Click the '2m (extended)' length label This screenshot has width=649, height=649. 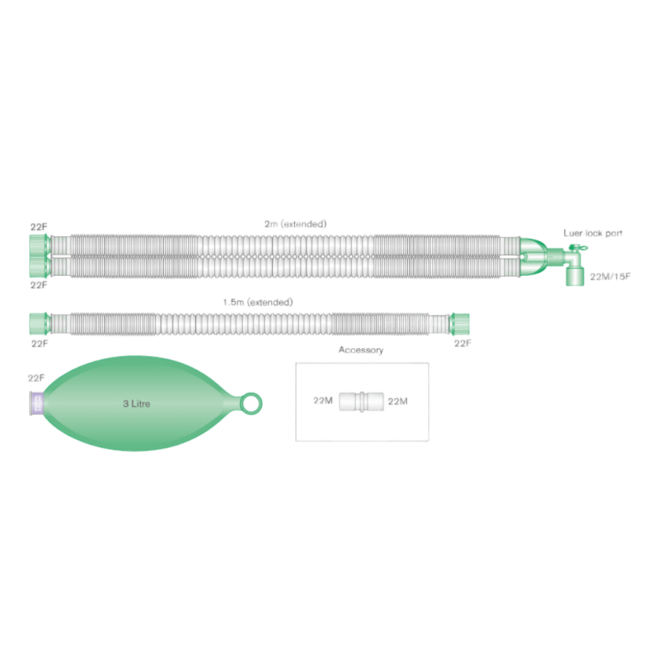coord(295,224)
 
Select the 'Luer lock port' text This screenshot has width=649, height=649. coord(593,233)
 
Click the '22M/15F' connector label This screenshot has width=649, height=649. coord(611,276)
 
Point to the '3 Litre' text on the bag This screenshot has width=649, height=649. coord(137,404)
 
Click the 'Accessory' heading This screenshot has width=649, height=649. coord(361,350)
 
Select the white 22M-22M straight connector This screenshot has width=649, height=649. coord(360,402)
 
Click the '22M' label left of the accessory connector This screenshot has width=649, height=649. coord(323,402)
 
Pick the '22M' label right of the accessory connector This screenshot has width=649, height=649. coord(397,402)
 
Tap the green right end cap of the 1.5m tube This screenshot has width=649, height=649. coord(461,323)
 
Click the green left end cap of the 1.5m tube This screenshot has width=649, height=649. coord(39,323)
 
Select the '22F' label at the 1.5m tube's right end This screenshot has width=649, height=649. coord(462,343)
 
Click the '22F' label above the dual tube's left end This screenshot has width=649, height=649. coord(39,227)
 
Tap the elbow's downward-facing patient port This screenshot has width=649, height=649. coord(573,277)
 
